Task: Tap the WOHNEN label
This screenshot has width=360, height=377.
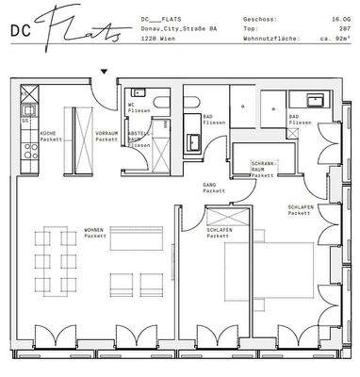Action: click(x=120, y=229)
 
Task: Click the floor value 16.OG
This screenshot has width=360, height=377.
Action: click(x=339, y=18)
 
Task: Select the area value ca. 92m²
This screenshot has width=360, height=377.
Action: click(x=335, y=41)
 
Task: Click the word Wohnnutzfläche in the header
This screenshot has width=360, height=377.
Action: click(x=269, y=41)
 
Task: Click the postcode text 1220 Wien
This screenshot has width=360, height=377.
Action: click(x=155, y=41)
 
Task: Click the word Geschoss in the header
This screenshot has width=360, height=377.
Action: click(x=258, y=18)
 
